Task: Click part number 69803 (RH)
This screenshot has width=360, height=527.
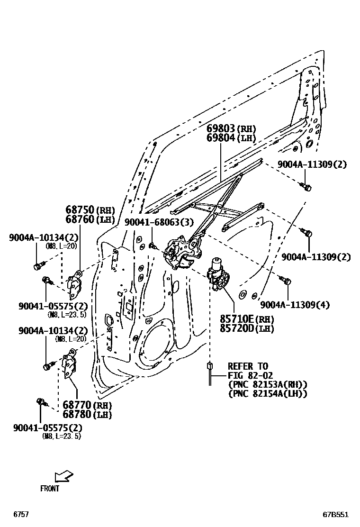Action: pyautogui.click(x=231, y=128)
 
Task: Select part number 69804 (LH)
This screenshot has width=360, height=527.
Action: pyautogui.click(x=231, y=138)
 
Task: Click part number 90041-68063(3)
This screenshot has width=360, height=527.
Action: pyautogui.click(x=159, y=222)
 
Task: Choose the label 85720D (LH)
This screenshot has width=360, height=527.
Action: pyautogui.click(x=246, y=329)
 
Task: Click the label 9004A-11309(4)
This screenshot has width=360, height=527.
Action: pyautogui.click(x=295, y=305)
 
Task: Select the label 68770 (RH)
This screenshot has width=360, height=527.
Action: pyautogui.click(x=86, y=406)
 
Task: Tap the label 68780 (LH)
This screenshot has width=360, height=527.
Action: pyautogui.click(x=86, y=415)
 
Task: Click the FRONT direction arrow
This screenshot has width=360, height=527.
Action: pyautogui.click(x=63, y=475)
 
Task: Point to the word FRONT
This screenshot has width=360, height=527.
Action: pyautogui.click(x=50, y=489)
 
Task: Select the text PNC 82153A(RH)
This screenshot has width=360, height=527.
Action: pyautogui.click(x=268, y=384)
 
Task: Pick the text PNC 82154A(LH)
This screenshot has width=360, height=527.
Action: pyautogui.click(x=268, y=393)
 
